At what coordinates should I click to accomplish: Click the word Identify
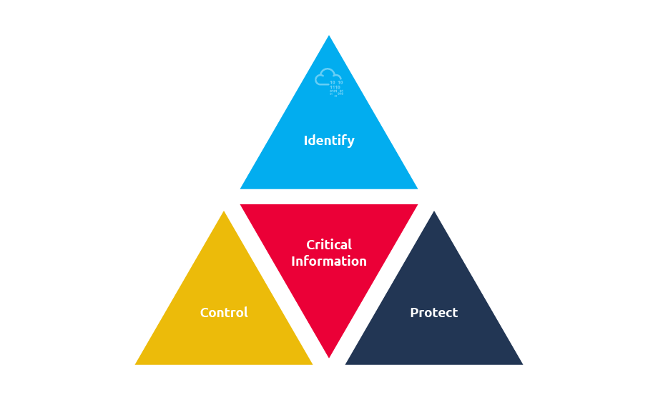coord(329,141)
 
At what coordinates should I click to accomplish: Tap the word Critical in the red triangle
coord(329,244)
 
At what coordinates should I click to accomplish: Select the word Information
coord(329,261)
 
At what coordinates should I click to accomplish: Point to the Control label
coord(224,312)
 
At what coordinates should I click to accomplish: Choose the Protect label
coord(434,312)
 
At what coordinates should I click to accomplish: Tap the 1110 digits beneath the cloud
coord(335,87)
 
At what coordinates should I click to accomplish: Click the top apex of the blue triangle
coord(329,36)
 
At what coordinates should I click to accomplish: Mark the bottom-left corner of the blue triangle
coord(240,189)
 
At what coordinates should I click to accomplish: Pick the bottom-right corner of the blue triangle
coord(418,189)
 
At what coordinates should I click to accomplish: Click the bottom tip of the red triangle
coord(329,358)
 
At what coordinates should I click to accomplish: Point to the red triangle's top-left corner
coord(240,204)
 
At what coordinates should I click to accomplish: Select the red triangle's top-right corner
coord(418,204)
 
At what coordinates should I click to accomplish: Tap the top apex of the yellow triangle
coord(224,211)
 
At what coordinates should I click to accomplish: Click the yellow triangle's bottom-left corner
coord(135,364)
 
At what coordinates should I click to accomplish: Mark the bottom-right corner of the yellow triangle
coord(313,364)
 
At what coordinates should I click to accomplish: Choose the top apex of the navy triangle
coord(434,211)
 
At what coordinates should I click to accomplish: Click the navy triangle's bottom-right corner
coord(522,364)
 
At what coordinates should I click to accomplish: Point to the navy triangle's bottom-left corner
coord(345,364)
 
